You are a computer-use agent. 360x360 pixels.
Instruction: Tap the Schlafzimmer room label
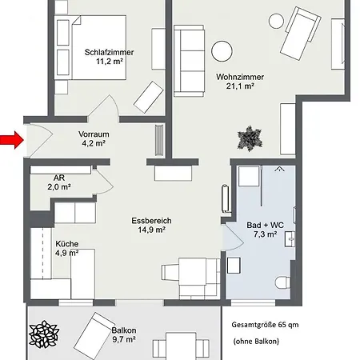point(109,53)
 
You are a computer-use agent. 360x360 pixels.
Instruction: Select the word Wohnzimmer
point(239,77)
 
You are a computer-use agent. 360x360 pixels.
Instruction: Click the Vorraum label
point(93,134)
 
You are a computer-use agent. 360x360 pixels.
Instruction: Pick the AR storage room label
point(59,178)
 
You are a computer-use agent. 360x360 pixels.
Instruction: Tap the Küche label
point(67,243)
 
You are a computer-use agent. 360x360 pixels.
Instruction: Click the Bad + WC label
point(265,225)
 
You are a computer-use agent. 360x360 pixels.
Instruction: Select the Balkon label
point(123,330)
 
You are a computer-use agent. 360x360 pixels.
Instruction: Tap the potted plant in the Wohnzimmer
point(250,137)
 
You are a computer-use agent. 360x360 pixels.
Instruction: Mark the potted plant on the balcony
point(44,334)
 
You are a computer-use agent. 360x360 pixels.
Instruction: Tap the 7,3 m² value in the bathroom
point(265,235)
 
